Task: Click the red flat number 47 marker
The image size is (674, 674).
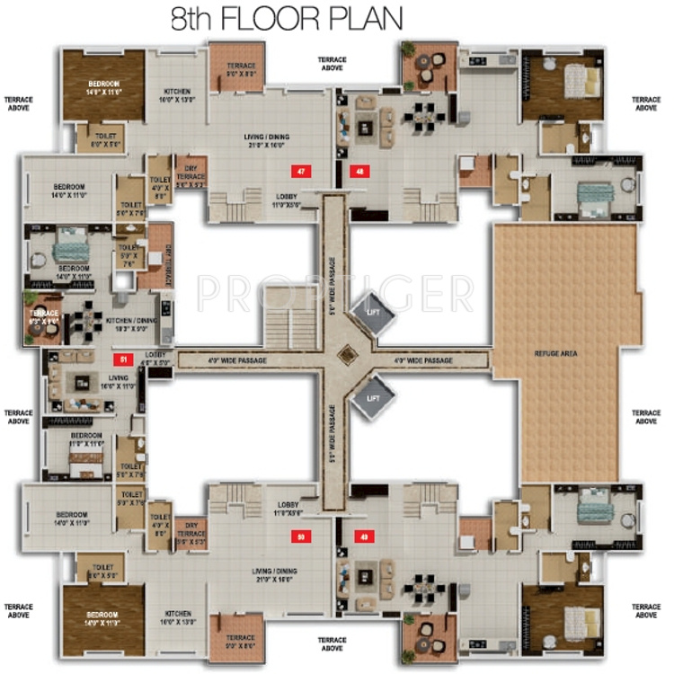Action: [x=302, y=170]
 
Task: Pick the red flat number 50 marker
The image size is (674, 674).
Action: [x=302, y=537]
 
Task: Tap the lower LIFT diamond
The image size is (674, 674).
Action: [x=372, y=398]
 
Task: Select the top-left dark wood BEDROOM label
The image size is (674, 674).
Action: [x=103, y=86]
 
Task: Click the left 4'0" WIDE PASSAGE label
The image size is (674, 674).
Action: [x=240, y=360]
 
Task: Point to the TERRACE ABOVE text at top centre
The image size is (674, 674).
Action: [x=332, y=64]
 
